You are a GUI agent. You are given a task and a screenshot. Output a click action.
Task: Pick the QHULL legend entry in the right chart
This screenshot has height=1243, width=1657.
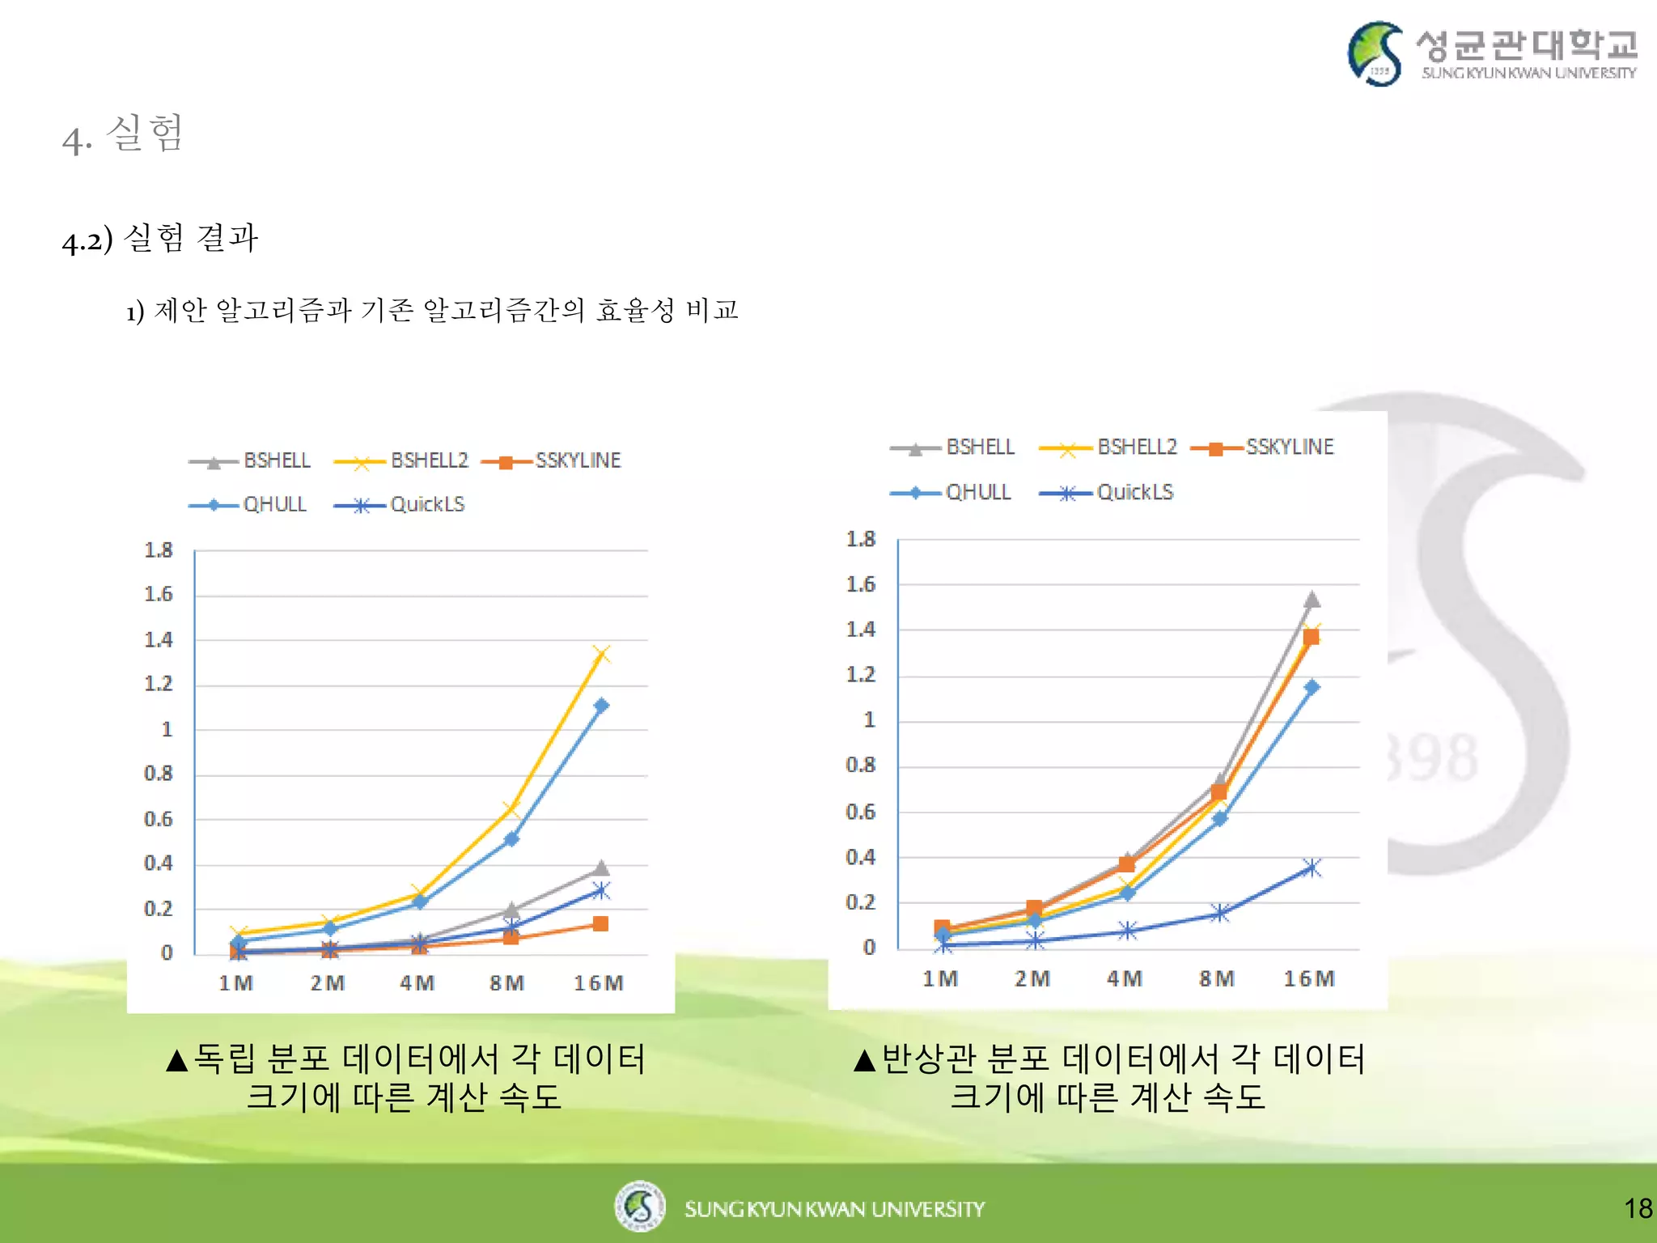click(x=951, y=492)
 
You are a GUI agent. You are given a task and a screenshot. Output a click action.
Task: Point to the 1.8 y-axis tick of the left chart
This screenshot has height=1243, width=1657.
click(x=159, y=551)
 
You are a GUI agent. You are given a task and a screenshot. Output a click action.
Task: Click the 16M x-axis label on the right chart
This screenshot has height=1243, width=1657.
click(x=1309, y=979)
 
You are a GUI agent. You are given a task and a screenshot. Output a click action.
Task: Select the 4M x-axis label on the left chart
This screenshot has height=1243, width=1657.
click(x=417, y=983)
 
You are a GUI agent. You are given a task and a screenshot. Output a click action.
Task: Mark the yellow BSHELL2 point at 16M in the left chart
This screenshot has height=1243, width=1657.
click(x=601, y=654)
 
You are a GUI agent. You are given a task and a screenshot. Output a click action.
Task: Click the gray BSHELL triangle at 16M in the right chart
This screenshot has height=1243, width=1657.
click(x=1312, y=600)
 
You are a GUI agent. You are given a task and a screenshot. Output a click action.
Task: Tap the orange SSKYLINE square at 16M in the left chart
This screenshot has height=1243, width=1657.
click(x=600, y=924)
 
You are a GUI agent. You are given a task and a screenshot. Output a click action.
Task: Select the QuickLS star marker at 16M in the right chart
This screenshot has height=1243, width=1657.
click(x=1312, y=868)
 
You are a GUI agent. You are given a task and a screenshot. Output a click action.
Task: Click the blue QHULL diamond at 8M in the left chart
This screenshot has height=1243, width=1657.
click(x=511, y=839)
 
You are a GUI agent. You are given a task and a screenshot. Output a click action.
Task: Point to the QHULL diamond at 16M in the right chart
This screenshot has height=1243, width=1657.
click(x=1312, y=687)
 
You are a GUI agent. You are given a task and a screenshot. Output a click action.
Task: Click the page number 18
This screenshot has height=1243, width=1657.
click(x=1638, y=1209)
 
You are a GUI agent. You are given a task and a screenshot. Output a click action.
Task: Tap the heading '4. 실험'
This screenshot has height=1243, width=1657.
click(x=124, y=134)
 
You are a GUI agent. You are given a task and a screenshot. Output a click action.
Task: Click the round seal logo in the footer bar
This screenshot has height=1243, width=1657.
click(x=639, y=1207)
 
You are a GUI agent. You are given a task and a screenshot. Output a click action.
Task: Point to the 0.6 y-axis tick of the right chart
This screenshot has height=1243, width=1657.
click(x=861, y=812)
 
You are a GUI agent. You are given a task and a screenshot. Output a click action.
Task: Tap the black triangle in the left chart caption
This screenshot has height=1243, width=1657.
click(x=176, y=1060)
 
